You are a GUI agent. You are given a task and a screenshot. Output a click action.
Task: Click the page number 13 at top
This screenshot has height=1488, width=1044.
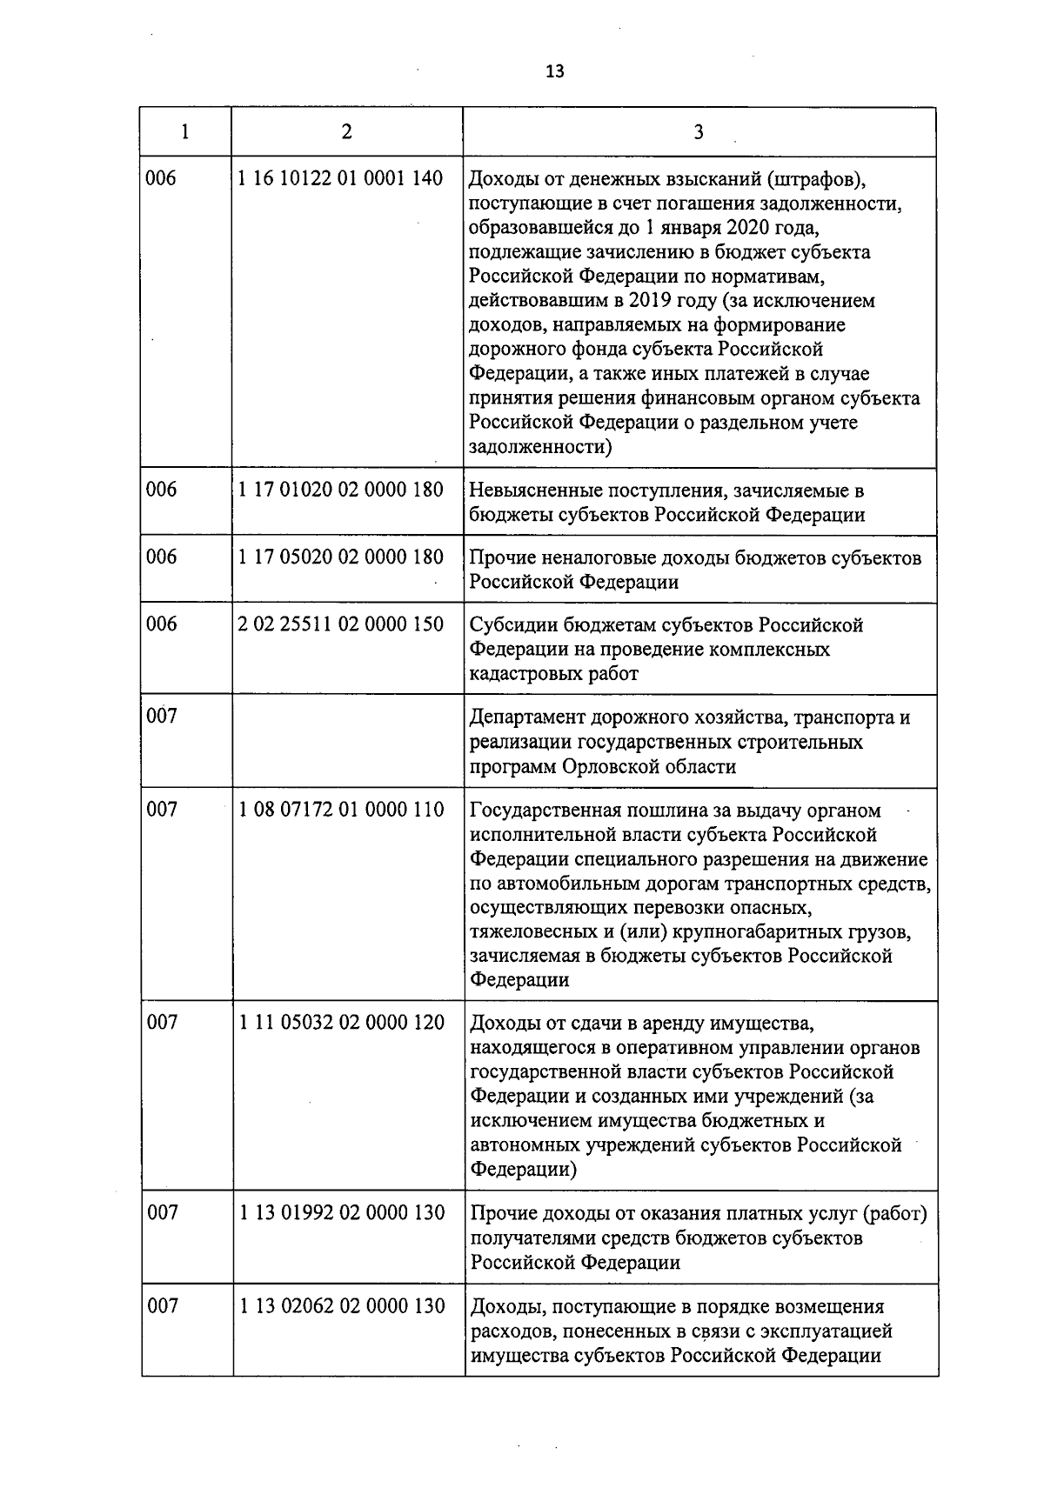click(x=555, y=72)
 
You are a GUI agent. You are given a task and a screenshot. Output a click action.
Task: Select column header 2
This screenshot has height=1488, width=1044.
click(x=347, y=131)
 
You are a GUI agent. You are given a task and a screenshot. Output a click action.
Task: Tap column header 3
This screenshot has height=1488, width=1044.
click(x=698, y=132)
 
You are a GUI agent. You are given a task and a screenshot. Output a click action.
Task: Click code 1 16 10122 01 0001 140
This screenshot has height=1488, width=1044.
click(x=340, y=179)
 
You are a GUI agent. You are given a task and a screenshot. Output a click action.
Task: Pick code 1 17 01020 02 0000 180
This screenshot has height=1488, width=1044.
click(x=340, y=490)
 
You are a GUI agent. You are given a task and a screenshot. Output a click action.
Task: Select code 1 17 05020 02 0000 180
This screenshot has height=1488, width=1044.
click(x=340, y=557)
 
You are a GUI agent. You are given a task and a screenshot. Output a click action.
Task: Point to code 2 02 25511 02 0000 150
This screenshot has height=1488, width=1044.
click(x=340, y=624)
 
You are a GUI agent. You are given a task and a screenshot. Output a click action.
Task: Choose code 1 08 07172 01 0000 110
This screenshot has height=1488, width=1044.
click(x=340, y=811)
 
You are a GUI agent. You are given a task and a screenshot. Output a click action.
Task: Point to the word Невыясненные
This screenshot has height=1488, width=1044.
click(x=532, y=491)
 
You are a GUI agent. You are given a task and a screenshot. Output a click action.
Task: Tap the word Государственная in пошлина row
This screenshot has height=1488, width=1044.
click(x=545, y=811)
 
